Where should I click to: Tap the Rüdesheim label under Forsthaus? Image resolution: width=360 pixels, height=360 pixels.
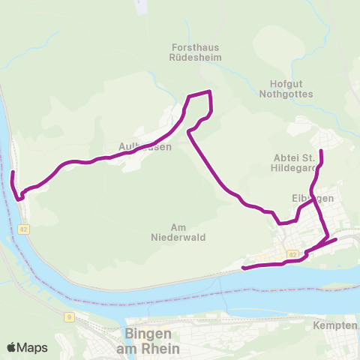point(193,58)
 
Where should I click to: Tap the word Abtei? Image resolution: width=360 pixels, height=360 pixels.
point(285,157)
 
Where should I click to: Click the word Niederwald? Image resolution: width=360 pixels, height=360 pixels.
point(178,238)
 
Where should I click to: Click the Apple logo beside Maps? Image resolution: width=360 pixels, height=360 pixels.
point(12,347)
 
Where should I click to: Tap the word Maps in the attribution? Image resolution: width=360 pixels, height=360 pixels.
point(33,347)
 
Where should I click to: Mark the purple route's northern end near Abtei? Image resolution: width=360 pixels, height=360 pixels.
point(321,152)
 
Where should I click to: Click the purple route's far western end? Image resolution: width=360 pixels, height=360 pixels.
point(13,173)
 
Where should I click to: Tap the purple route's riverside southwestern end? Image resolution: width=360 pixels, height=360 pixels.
point(244,268)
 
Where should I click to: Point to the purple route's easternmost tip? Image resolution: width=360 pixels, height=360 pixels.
point(335,239)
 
